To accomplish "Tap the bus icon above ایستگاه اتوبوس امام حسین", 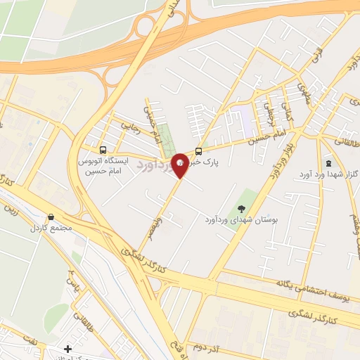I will tap(104, 150).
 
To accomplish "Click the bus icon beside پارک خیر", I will tap(199, 151).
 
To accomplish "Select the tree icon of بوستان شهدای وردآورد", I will tap(241, 208).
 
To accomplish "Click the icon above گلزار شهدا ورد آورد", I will tap(329, 162).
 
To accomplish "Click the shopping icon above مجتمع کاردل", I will tap(50, 217).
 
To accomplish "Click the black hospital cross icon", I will tap(67, 349).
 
